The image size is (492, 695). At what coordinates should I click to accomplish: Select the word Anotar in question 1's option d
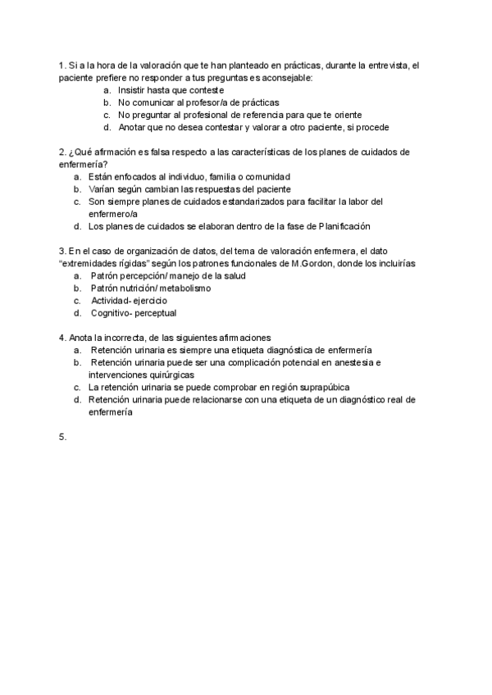coord(133,127)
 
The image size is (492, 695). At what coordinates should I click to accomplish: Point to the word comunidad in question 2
coord(265,176)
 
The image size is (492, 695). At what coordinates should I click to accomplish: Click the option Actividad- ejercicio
coord(129,300)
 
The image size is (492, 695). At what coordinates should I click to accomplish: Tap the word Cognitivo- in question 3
coord(114,312)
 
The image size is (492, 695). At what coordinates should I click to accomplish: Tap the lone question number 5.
coord(62,438)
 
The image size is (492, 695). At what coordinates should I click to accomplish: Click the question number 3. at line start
coord(62,251)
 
